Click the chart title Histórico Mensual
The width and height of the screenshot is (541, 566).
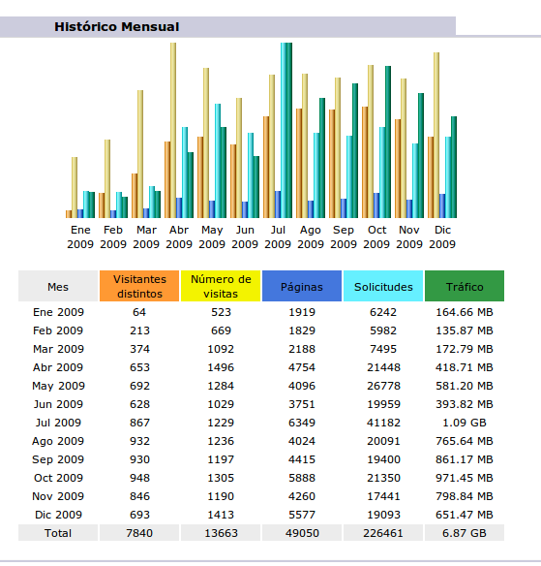pyautogui.click(x=117, y=27)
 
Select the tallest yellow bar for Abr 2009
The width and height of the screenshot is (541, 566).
pyautogui.click(x=173, y=130)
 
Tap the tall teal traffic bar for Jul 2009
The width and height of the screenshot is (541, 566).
pyautogui.click(x=289, y=130)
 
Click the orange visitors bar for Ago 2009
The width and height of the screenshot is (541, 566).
pyautogui.click(x=299, y=163)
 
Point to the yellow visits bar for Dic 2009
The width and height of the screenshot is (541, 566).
pyautogui.click(x=436, y=135)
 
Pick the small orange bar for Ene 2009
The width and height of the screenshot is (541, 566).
pyautogui.click(x=69, y=214)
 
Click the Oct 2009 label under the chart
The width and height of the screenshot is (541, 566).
pyautogui.click(x=376, y=236)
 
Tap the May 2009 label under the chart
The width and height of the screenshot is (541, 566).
pyautogui.click(x=212, y=236)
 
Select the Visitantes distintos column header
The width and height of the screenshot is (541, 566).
pyautogui.click(x=139, y=286)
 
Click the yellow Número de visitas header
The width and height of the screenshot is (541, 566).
pyautogui.click(x=221, y=286)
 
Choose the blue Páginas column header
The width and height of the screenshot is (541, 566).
pyautogui.click(x=302, y=286)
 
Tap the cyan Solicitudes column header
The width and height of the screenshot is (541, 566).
pyautogui.click(x=383, y=286)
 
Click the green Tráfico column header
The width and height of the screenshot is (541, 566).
pyautogui.click(x=465, y=286)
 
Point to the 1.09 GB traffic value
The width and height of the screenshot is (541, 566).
pyautogui.click(x=465, y=423)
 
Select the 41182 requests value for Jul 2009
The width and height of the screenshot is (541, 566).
pyautogui.click(x=383, y=423)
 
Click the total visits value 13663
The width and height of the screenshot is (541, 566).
pyautogui.click(x=221, y=533)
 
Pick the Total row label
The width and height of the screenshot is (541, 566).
pyautogui.click(x=58, y=533)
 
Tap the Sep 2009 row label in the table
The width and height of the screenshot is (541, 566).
pyautogui.click(x=58, y=459)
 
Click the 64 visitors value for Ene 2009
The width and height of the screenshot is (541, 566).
pyautogui.click(x=139, y=312)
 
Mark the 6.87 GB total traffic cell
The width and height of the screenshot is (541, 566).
pyautogui.click(x=465, y=533)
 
